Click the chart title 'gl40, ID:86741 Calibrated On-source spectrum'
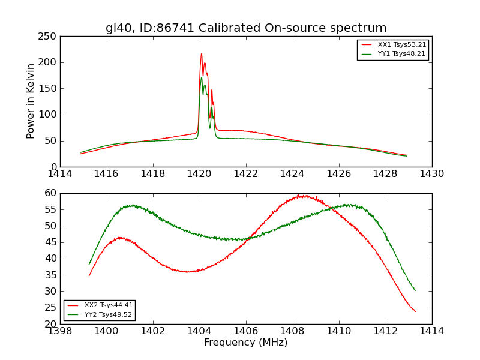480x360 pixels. tap(246, 28)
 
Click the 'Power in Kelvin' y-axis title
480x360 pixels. tap(31, 101)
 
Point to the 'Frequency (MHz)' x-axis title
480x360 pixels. tap(246, 343)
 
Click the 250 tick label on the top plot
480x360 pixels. tap(49, 37)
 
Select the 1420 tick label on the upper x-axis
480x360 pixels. tap(200, 174)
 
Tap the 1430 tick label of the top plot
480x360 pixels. tap(432, 174)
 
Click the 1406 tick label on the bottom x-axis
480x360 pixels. tap(246, 331)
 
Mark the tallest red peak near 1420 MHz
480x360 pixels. tap(202, 54)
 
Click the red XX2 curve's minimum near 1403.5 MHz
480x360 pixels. tap(188, 272)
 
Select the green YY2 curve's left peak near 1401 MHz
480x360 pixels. tap(133, 205)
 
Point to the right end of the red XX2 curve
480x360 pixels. tap(415, 311)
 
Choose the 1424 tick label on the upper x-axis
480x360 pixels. tap(293, 174)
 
